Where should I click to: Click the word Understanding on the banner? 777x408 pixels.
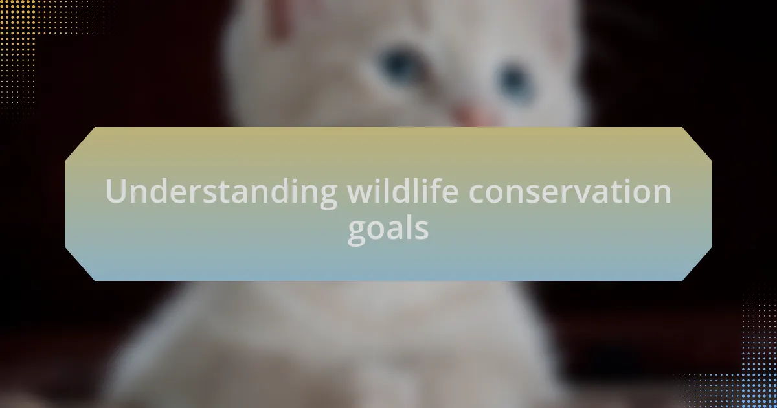click(221, 192)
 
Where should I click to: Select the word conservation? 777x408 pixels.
click(570, 191)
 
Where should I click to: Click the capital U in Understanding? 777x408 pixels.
click(115, 191)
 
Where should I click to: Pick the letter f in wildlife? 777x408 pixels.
click(436, 190)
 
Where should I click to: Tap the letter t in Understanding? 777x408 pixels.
click(223, 192)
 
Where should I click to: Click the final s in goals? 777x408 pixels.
click(422, 231)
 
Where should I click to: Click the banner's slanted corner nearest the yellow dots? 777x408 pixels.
click(80, 144)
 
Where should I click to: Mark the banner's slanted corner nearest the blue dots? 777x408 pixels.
click(697, 264)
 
